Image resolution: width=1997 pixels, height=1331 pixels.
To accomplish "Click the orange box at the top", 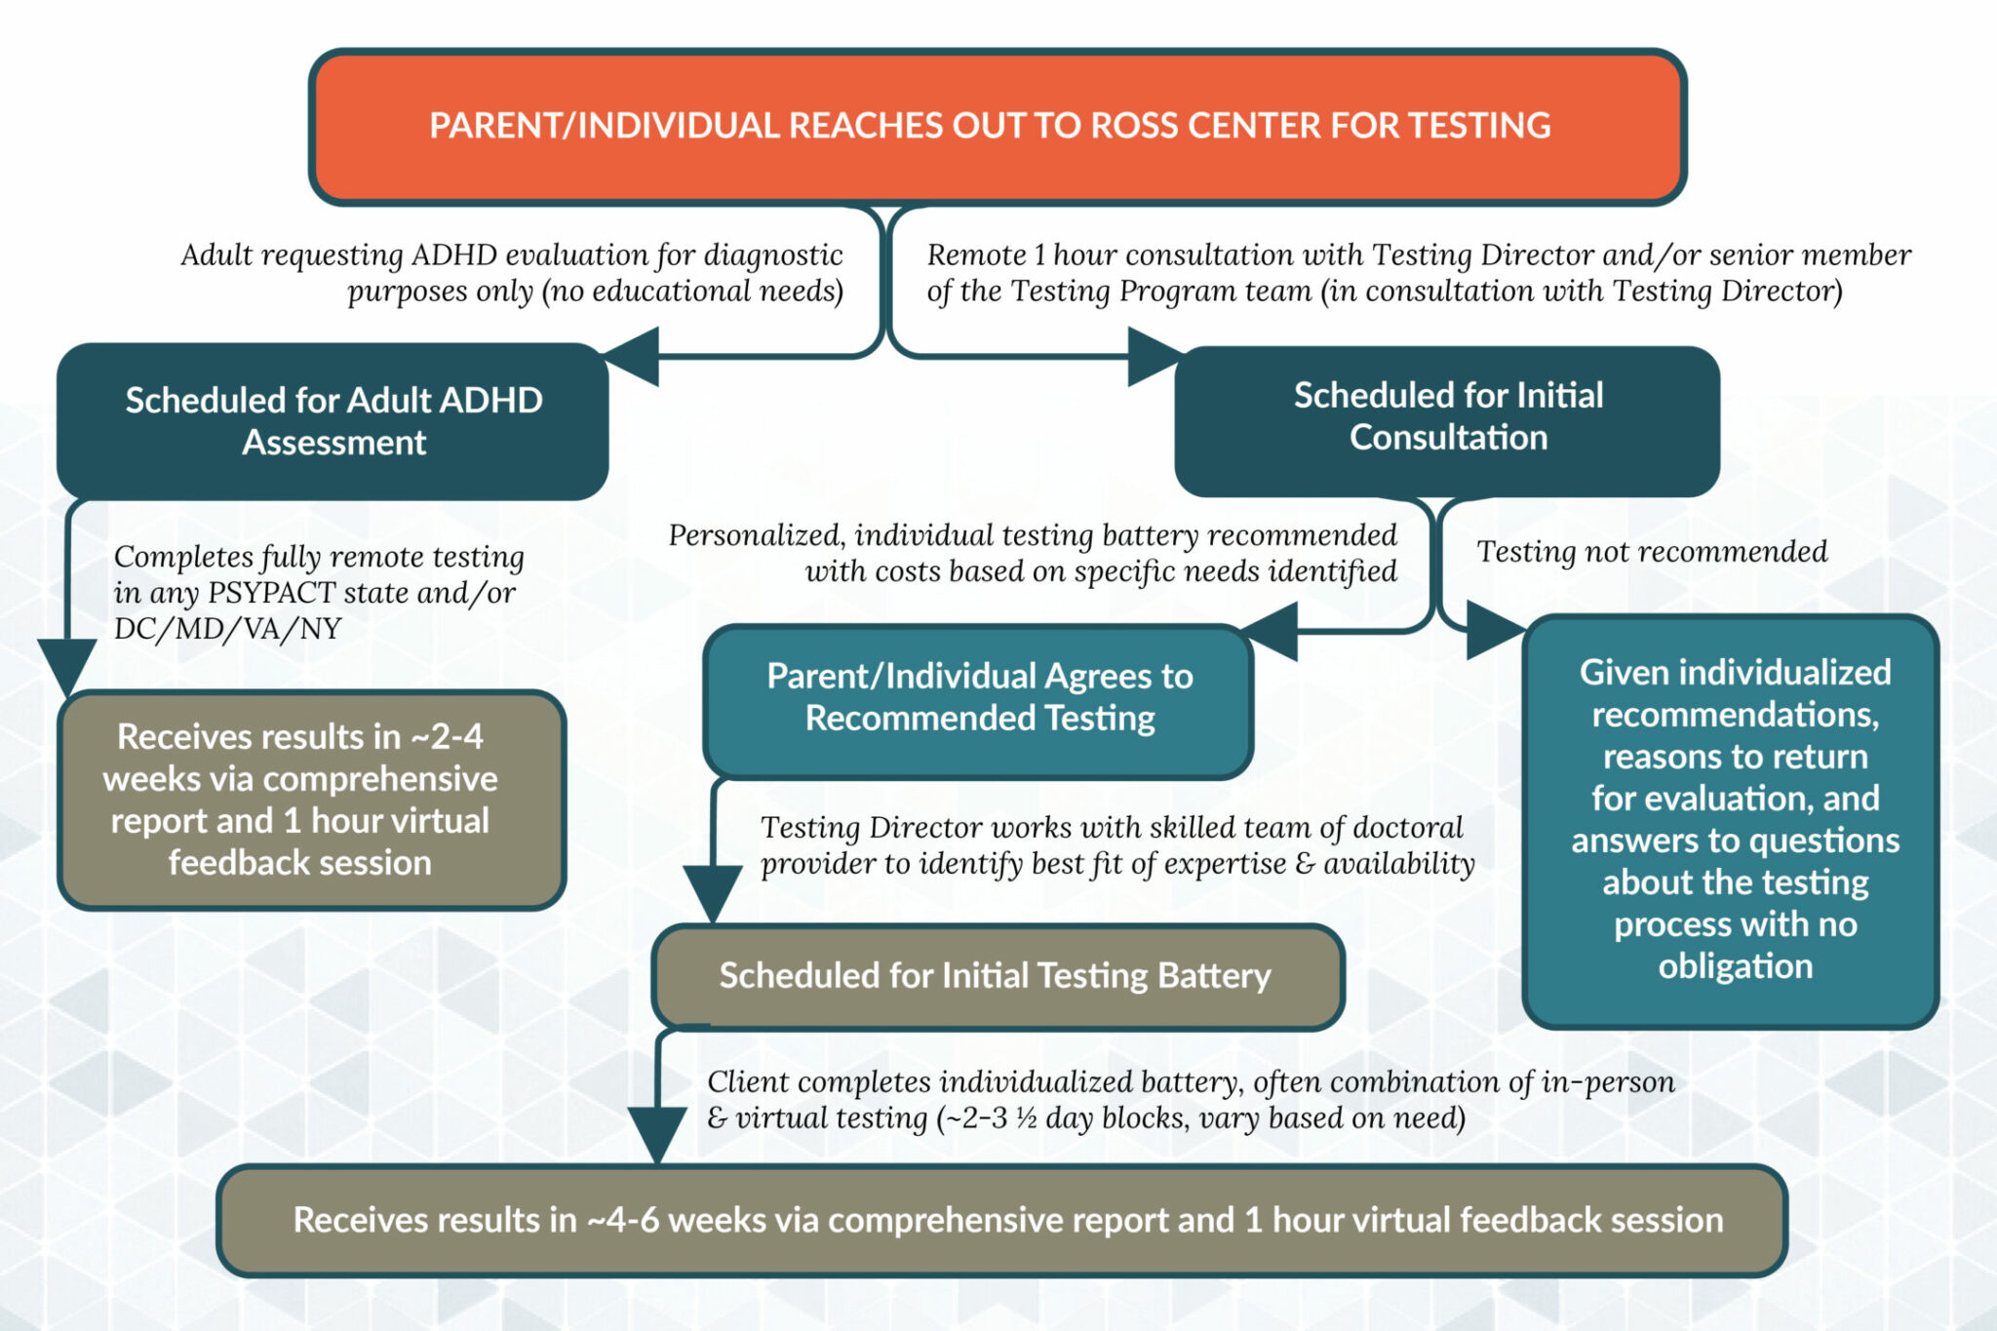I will (998, 127).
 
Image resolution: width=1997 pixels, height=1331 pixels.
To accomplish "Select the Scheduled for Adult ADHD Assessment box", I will (333, 421).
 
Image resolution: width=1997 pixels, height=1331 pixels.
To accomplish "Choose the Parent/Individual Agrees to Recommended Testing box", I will (978, 698).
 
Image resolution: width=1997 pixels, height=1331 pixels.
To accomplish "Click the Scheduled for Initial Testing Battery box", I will (996, 976).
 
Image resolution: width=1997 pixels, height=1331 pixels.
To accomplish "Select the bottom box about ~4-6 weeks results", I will (1004, 1220).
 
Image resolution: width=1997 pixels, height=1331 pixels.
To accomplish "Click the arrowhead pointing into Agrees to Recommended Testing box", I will (1272, 631).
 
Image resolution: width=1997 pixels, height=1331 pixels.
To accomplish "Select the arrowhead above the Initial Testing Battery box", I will (713, 891).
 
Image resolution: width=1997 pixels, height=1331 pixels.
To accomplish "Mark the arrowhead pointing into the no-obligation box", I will (1493, 630).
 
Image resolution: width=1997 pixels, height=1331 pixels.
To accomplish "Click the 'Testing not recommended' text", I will (1651, 552).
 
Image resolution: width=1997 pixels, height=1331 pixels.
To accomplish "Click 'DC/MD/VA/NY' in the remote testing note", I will (227, 629).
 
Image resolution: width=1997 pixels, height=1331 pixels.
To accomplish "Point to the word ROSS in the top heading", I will (1132, 126).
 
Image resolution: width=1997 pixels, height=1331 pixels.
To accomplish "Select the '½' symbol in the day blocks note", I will (1025, 1118).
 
